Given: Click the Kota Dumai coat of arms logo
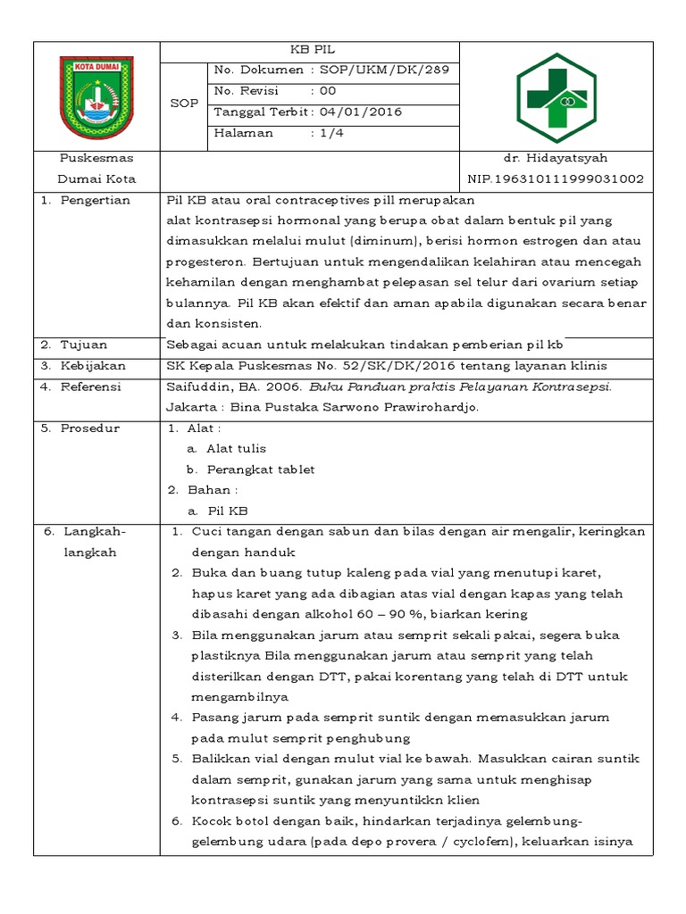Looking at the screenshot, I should [x=96, y=92].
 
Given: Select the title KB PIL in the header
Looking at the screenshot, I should [x=310, y=50].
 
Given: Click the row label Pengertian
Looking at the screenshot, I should [x=95, y=200].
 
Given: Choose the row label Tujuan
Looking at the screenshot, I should [x=84, y=345].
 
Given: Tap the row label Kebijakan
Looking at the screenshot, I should [x=93, y=366].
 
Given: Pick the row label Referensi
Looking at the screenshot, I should [x=90, y=386].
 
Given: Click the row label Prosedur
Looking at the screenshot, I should [x=89, y=428].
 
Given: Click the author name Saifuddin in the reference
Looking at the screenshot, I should [x=195, y=386].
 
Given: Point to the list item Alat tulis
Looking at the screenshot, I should [x=236, y=448].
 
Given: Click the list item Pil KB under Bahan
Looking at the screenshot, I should [x=227, y=511].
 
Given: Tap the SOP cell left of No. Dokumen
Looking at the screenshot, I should [x=183, y=103].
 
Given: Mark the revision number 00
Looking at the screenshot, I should [x=328, y=91].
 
